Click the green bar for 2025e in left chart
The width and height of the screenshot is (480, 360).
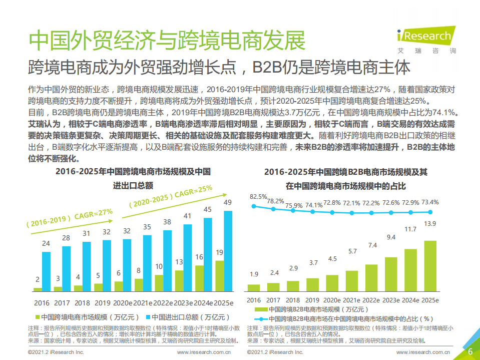click(x=219, y=275)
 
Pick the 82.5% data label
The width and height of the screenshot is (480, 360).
click(x=258, y=197)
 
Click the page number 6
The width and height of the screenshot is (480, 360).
click(x=470, y=351)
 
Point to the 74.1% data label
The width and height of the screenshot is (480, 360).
click(x=314, y=205)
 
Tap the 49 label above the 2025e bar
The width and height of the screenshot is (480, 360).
click(x=227, y=202)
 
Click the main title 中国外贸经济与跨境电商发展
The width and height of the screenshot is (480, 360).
click(x=166, y=40)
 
